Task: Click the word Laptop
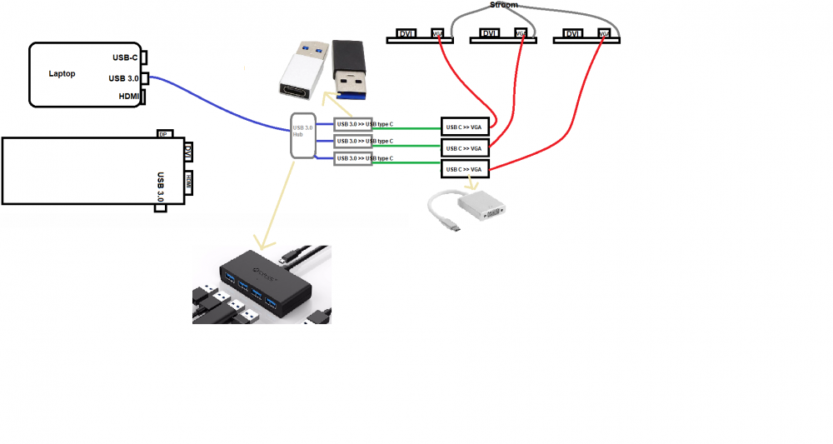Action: [x=62, y=74]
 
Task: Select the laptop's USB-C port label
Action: [x=124, y=58]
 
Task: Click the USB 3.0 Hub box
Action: [x=302, y=135]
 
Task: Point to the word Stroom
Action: [x=503, y=5]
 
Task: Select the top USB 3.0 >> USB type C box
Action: [x=363, y=125]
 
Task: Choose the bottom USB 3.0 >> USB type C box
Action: [x=363, y=158]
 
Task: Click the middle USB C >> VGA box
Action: [x=465, y=148]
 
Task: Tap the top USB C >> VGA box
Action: [x=465, y=127]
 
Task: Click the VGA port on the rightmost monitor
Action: [x=603, y=34]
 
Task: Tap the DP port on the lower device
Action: [x=164, y=134]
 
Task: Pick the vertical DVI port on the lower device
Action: [x=187, y=152]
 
